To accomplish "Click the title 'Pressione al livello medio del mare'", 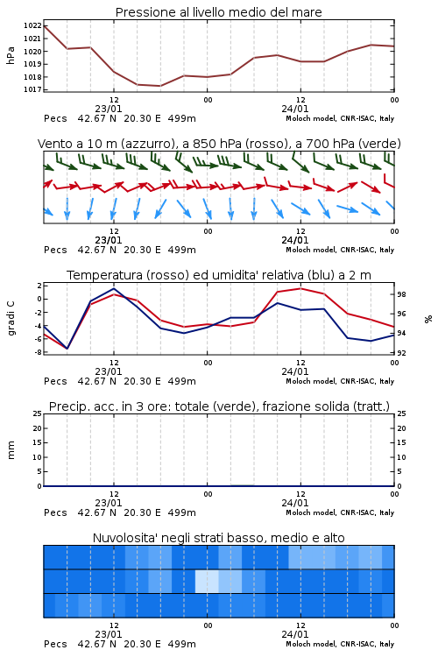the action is [x=218, y=12].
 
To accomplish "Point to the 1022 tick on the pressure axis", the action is [x=32, y=25].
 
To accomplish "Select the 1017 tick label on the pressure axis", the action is [x=32, y=89].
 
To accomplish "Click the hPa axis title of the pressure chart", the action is [x=11, y=55].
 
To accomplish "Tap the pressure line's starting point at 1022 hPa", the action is [x=44, y=26].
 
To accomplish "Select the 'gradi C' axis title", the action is [x=11, y=318].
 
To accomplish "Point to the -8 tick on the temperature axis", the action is [x=38, y=352].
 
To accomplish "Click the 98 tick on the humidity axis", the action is [x=401, y=294].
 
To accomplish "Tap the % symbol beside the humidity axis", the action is [x=428, y=319].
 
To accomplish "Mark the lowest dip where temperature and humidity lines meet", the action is [x=67, y=349].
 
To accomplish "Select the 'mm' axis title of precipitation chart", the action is [x=11, y=449].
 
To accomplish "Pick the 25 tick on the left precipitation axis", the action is [x=38, y=413].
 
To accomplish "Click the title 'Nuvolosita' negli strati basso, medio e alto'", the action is [x=218, y=538].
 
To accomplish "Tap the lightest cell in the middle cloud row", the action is [x=207, y=581].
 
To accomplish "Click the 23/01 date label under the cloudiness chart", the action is [x=108, y=634].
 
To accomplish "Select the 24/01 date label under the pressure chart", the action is [x=294, y=109].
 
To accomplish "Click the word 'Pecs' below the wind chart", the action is [x=55, y=250].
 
